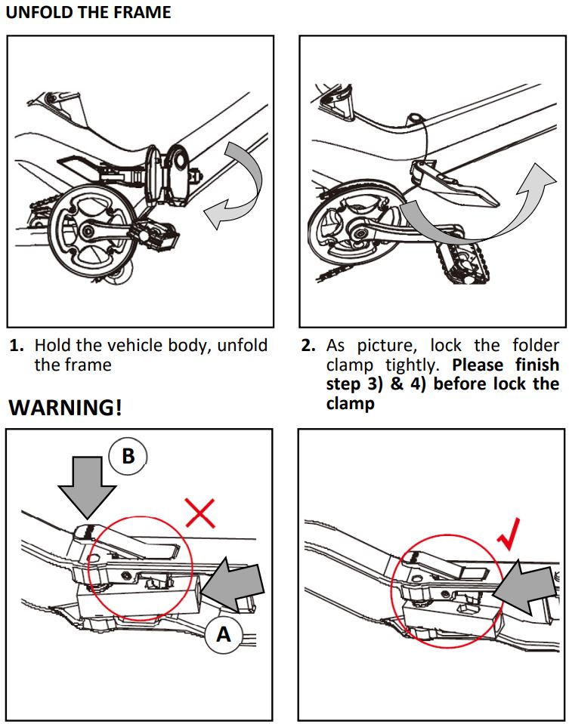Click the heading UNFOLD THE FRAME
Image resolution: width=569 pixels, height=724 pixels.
tap(88, 13)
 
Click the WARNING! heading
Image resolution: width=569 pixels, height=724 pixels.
tap(65, 408)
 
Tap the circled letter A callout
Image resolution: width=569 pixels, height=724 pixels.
tap(223, 635)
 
